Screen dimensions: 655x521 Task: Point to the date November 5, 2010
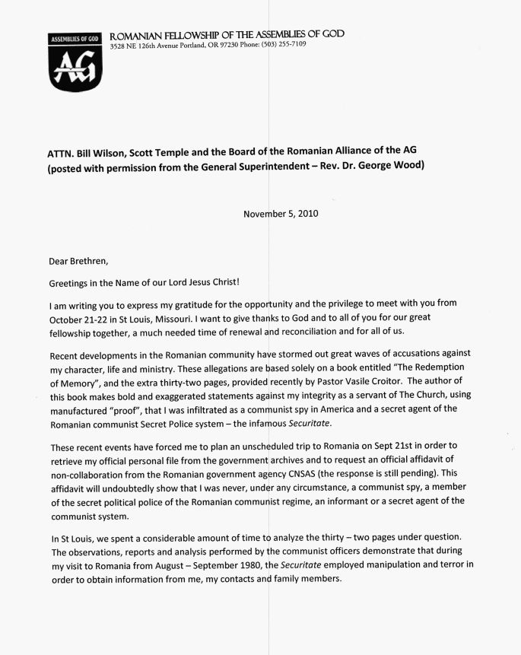[x=281, y=214]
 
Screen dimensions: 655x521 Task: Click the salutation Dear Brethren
[x=79, y=261]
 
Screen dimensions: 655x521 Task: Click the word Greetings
[x=75, y=281]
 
